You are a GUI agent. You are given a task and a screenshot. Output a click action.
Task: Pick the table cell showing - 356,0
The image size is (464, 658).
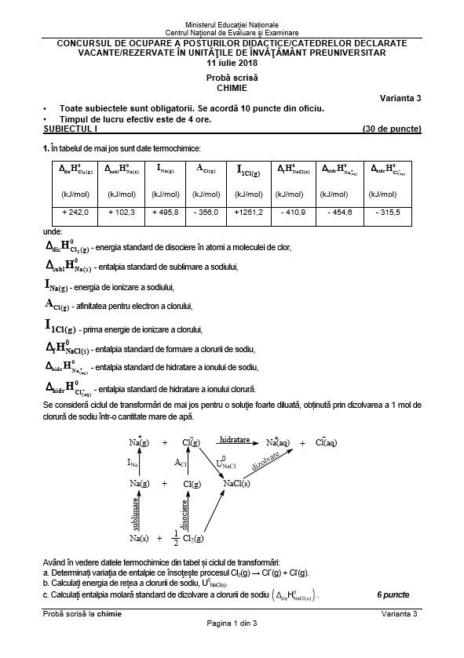coord(207,212)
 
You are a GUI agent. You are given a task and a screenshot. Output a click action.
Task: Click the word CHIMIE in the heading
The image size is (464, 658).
coord(232,88)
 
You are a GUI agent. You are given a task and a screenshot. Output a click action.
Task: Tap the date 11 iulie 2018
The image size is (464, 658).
coord(232,62)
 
